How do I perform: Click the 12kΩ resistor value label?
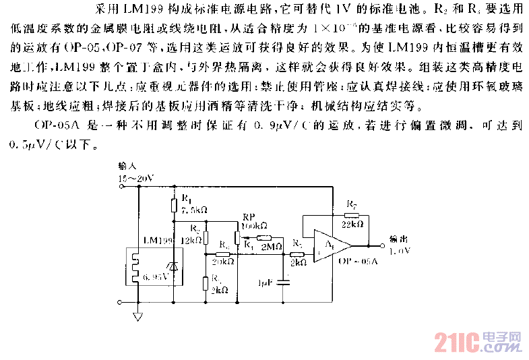[x=192, y=239]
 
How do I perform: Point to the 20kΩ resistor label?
[x=222, y=262]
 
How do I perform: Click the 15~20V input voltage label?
[x=135, y=178]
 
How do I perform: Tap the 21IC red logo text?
[x=461, y=342]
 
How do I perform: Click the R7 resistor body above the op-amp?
[x=350, y=214]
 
